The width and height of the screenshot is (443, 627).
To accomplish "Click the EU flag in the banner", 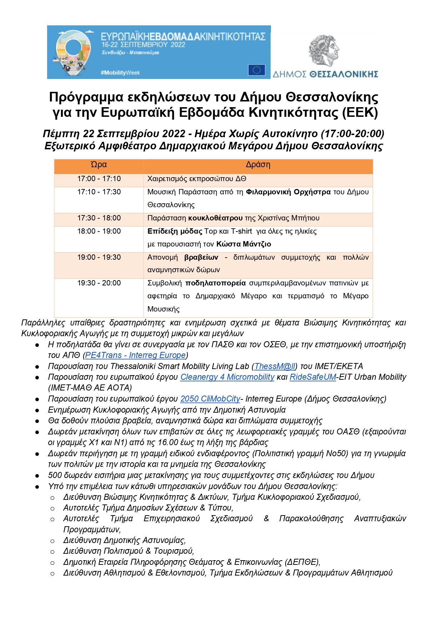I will coord(257,70).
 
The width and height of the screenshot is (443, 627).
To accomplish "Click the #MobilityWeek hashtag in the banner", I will coord(120,73).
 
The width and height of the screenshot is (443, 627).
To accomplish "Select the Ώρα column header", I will coord(99,165).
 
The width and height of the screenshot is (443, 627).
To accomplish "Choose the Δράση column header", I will coord(258,165).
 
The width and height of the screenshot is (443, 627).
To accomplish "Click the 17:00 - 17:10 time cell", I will coord(99,179).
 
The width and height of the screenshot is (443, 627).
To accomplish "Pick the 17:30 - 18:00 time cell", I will coord(99,218).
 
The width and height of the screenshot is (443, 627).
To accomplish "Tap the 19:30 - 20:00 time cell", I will coord(99,283).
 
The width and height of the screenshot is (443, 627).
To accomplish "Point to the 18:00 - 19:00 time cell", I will coord(99,231).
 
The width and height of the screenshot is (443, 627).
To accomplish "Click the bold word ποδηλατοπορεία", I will coord(215,283).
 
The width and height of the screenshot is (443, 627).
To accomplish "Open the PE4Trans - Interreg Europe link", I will coord(135,355).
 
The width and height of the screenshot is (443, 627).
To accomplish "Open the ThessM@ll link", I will coord(275,366).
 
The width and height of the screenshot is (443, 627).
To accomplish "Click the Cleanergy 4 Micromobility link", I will coord(227,377).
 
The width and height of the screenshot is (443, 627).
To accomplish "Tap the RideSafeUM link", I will coord(313,377).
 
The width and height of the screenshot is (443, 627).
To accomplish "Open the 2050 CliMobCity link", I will coord(210,399).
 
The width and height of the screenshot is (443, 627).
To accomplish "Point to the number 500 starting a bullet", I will coord(55,475).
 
